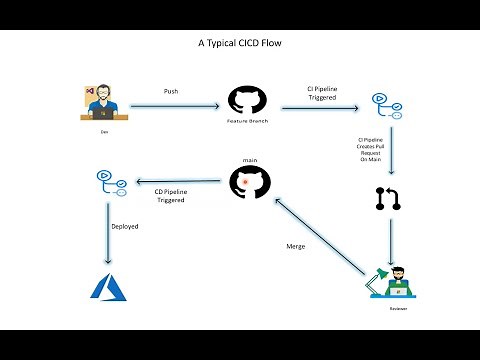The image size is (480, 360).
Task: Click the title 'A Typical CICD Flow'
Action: pyautogui.click(x=240, y=45)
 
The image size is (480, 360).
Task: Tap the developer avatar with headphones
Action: pyautogui.click(x=105, y=103)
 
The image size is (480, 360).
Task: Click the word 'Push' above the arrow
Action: pyautogui.click(x=171, y=91)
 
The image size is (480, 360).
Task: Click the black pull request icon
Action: pyautogui.click(x=386, y=197)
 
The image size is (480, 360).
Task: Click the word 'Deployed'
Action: pyautogui.click(x=124, y=227)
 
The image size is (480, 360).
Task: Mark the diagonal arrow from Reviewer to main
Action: pyautogui.click(x=318, y=237)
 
